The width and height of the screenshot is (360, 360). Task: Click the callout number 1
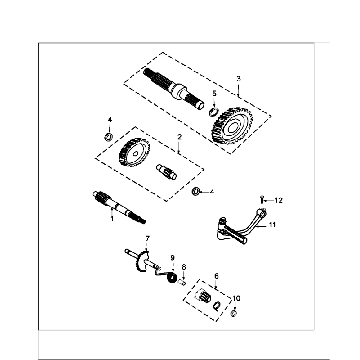(112, 219)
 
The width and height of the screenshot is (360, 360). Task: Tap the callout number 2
(179, 137)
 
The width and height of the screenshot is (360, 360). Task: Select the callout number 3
(238, 79)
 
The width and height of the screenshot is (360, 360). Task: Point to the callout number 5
(214, 93)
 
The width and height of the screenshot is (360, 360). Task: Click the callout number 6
(216, 276)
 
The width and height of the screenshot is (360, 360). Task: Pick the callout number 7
(147, 238)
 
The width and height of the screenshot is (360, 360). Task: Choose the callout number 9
(172, 258)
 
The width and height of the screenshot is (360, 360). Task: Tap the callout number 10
(236, 298)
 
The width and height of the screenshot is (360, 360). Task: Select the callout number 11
(272, 225)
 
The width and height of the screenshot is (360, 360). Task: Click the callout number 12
(278, 200)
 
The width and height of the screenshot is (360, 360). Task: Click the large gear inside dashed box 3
(232, 125)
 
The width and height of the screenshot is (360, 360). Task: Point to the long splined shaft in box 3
(173, 88)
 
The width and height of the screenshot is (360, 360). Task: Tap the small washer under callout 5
(213, 112)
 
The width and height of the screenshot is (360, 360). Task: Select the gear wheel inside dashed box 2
(134, 153)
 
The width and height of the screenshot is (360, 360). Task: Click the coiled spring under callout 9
(171, 277)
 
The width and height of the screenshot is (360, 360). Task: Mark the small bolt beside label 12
(262, 199)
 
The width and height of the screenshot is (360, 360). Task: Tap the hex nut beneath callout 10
(234, 313)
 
